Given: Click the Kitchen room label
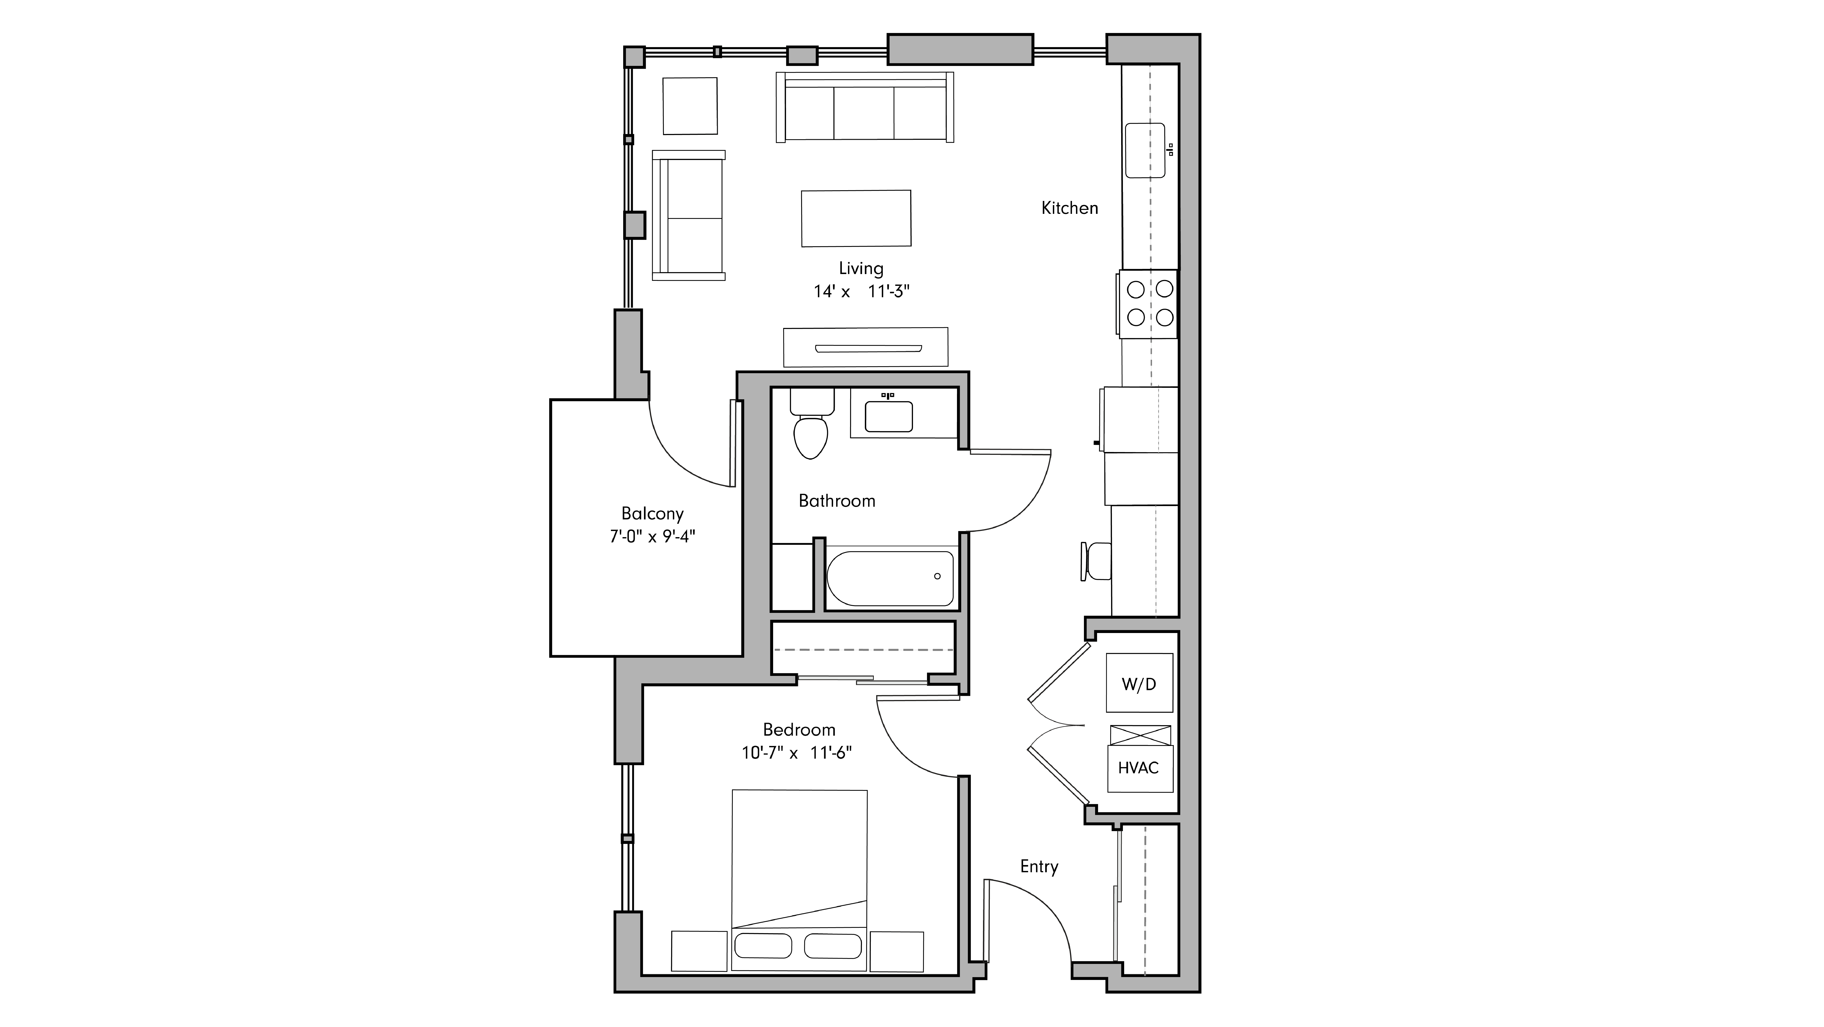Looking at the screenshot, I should (1069, 208).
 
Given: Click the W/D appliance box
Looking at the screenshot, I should (1139, 684).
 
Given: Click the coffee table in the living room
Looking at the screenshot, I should (856, 218).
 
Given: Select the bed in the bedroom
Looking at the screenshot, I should (799, 878).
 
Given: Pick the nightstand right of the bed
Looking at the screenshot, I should (896, 951).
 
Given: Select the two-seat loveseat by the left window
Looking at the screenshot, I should (688, 215).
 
